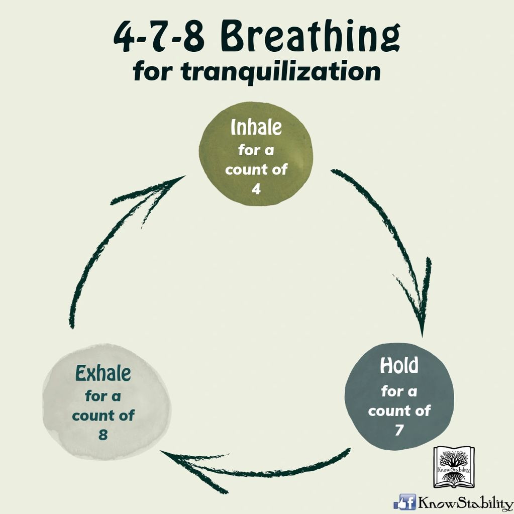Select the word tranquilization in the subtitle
tap(280, 72)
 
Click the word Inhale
tap(256, 128)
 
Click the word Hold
tap(399, 366)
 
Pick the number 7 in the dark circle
tap(399, 430)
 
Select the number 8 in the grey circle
tap(103, 435)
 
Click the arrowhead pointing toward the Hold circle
tap(421, 312)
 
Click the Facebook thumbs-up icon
tap(404, 501)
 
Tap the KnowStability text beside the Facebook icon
tap(465, 502)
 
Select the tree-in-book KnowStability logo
tap(454, 467)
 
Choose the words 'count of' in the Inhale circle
tap(256, 170)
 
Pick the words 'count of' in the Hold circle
tap(399, 410)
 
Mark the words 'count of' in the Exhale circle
tap(103, 416)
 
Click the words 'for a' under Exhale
tap(103, 396)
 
